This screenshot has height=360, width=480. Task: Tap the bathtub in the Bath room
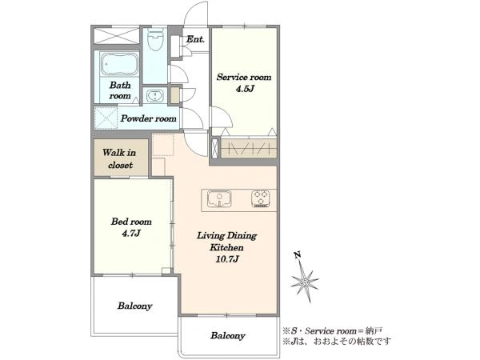pos(119,64)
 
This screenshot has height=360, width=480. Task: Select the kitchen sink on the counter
pos(219,198)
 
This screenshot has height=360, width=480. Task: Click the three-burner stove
pos(261,198)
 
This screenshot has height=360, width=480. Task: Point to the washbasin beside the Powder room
pos(155,96)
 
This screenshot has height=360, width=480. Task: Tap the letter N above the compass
pos(297,254)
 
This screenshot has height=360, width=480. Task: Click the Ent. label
pos(196,39)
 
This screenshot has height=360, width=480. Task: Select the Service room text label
pos(244,77)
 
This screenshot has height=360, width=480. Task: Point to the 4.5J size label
pos(245,89)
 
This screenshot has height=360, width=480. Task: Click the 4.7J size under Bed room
pos(131,234)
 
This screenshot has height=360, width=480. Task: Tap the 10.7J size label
pos(227,259)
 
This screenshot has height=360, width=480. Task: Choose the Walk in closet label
pos(120,158)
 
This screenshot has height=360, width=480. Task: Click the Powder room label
pos(148,118)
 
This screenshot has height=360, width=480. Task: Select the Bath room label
pos(120,90)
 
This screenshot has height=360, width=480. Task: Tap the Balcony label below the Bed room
pos(134,306)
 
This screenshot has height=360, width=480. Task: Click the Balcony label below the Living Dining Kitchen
pos(228,335)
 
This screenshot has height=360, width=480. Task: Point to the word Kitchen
pos(226,247)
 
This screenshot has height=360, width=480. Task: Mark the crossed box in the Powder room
pos(106,118)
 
